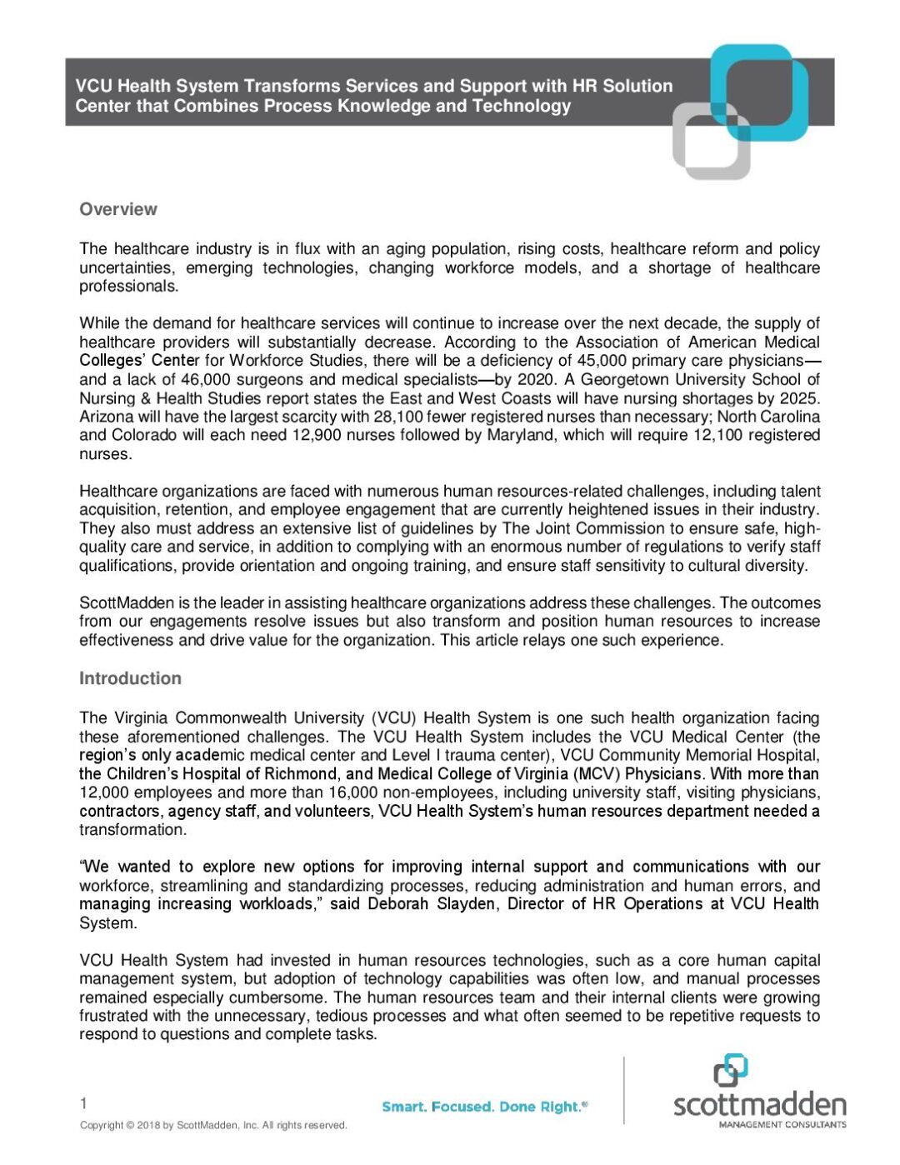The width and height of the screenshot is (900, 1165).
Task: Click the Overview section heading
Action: click(x=117, y=209)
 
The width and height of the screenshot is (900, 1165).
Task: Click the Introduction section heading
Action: click(x=130, y=678)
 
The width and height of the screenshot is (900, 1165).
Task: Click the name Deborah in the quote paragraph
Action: click(x=399, y=904)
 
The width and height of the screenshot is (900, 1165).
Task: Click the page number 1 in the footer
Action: click(x=83, y=1104)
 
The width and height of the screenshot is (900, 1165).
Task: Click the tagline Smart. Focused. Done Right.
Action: click(x=484, y=1107)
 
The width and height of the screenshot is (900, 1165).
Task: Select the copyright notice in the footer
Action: click(x=213, y=1126)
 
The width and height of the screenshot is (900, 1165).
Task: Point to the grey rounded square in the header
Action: click(x=711, y=141)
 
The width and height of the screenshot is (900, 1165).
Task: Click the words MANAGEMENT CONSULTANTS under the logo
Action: click(x=782, y=1124)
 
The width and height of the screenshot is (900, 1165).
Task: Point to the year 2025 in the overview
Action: click(x=801, y=398)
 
